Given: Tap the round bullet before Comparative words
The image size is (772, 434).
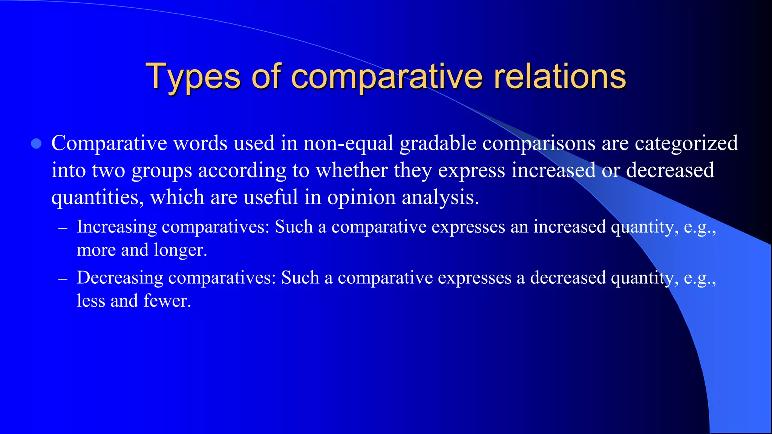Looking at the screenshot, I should pyautogui.click(x=36, y=144).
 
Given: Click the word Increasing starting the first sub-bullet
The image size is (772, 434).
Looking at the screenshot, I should pyautogui.click(x=116, y=227).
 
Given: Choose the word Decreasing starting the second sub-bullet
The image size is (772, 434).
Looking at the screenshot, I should pyautogui.click(x=120, y=278).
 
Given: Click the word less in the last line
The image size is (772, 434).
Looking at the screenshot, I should pyautogui.click(x=90, y=301).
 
